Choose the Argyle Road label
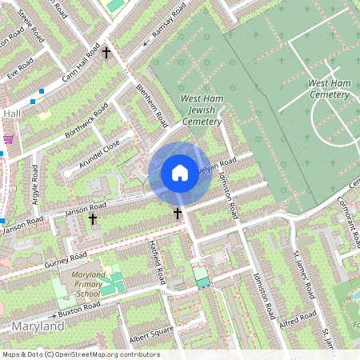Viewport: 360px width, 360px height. click(x=34, y=183)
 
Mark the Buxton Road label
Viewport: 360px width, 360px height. click(x=78, y=306)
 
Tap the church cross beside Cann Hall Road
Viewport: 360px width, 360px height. click(x=106, y=53)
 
